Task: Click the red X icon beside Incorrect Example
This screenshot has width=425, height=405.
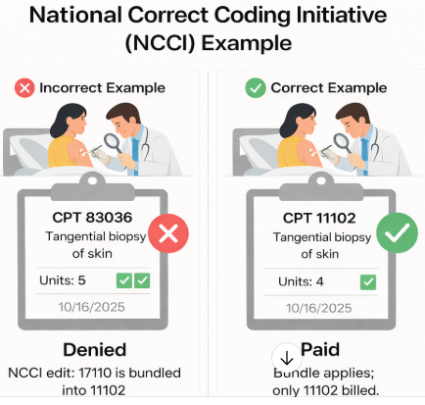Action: coord(24,87)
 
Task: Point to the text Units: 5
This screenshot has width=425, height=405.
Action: coord(66,280)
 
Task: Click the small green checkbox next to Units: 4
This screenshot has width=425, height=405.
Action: coord(368,281)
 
